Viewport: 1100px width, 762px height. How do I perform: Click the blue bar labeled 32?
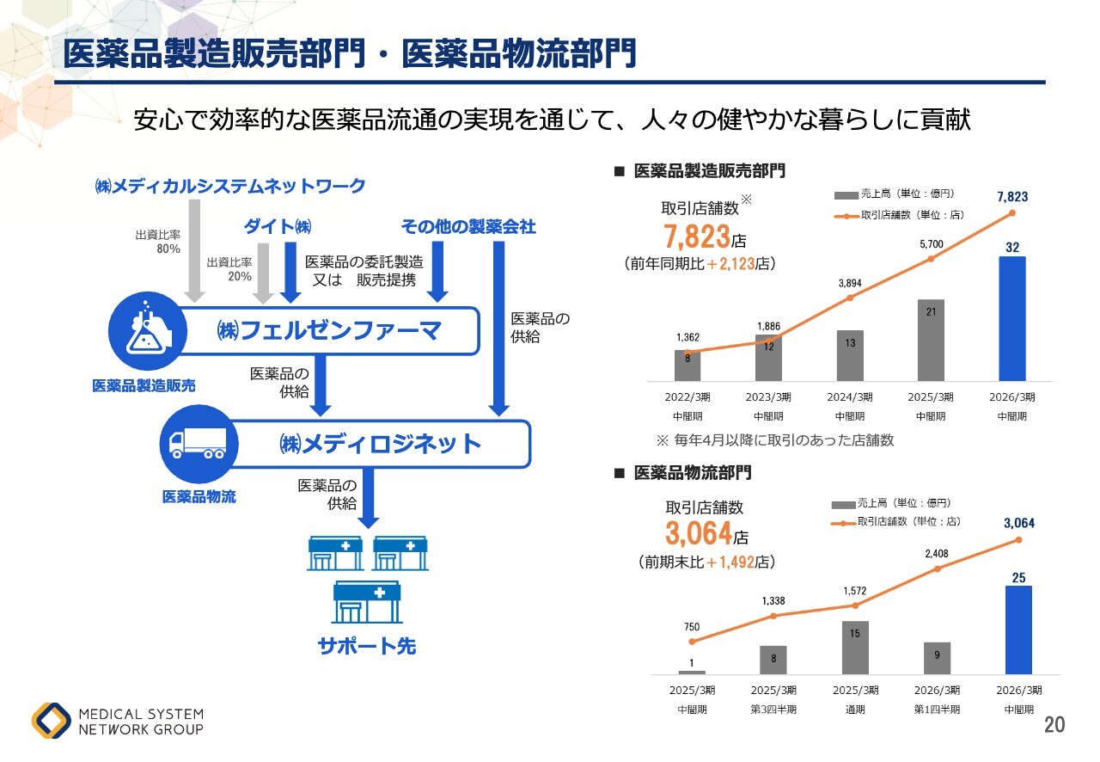click(1012, 318)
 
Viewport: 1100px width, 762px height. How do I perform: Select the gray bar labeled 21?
click(931, 340)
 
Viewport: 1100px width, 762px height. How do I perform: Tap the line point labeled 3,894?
click(850, 298)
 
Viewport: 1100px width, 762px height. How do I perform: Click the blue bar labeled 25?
click(1017, 630)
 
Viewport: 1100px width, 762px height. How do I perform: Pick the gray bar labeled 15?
click(855, 648)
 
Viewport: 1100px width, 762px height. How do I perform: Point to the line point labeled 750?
click(692, 642)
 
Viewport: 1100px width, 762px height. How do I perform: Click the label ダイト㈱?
click(278, 226)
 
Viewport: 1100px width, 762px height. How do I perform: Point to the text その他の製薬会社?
click(468, 226)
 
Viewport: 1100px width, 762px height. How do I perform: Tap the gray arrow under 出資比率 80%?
click(195, 249)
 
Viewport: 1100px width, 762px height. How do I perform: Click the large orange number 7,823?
click(697, 236)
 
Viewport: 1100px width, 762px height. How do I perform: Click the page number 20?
click(1054, 725)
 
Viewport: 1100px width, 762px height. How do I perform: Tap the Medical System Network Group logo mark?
click(52, 721)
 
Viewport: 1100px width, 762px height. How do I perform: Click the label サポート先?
click(367, 646)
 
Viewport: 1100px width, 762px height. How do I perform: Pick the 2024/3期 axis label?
click(850, 397)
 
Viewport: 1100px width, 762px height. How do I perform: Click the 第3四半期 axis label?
click(773, 710)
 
